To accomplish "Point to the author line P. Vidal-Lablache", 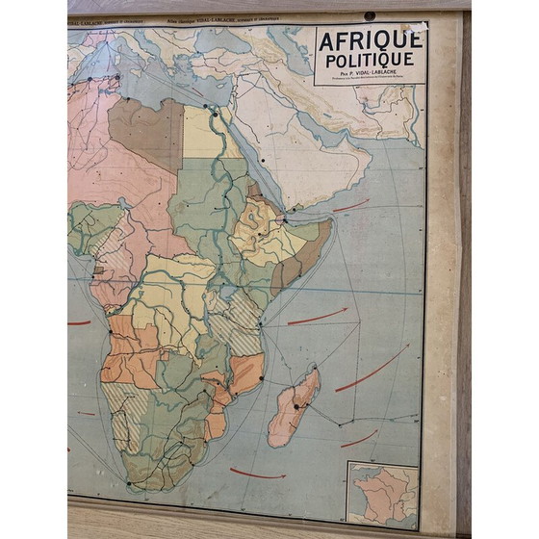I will [369, 73].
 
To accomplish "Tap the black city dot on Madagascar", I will [298, 407].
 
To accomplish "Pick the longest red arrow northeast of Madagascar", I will [372, 369].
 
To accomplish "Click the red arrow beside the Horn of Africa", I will [351, 206].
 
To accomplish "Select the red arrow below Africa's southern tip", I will [257, 473].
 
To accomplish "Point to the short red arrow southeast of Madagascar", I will [358, 439].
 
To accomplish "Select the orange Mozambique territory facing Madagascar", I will [244, 373].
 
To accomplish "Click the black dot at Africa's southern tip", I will [128, 483].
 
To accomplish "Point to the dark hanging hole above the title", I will [370, 16].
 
